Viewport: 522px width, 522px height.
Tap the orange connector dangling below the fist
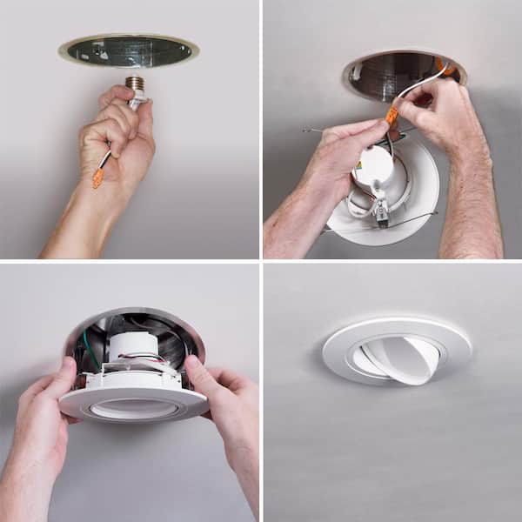(98, 177)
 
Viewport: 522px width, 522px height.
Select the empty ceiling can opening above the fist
(129, 50)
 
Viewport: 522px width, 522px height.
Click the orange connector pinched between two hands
(391, 116)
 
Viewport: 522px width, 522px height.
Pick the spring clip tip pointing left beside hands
(310, 131)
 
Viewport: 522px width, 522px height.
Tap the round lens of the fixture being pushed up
(132, 407)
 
